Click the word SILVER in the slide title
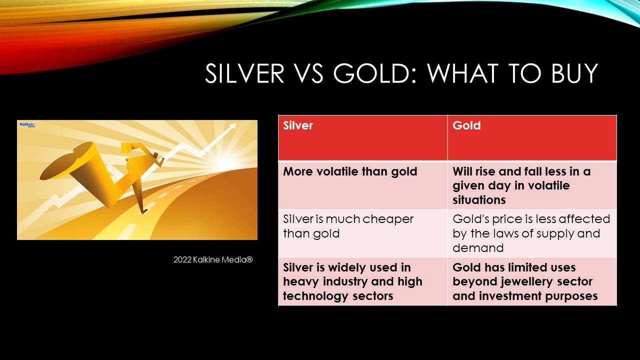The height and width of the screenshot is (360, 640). click(244, 73)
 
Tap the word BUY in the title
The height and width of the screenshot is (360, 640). click(574, 73)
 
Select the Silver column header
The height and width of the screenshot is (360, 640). click(363, 137)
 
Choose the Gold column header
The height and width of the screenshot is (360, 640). click(532, 137)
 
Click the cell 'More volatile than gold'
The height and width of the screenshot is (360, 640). click(363, 185)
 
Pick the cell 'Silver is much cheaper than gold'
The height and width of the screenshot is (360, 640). click(363, 233)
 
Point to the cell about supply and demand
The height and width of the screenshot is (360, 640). click(532, 233)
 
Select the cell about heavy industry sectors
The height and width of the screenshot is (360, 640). click(363, 281)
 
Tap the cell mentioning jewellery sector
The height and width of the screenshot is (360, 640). click(532, 281)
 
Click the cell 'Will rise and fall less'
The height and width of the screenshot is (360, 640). click(532, 185)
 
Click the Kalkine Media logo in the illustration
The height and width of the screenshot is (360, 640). click(27, 124)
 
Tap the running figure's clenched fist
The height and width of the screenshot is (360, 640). click(125, 147)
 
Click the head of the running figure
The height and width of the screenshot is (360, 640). click(155, 155)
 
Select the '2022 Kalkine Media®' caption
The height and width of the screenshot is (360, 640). click(213, 259)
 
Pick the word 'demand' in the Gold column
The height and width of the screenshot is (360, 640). click(478, 247)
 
